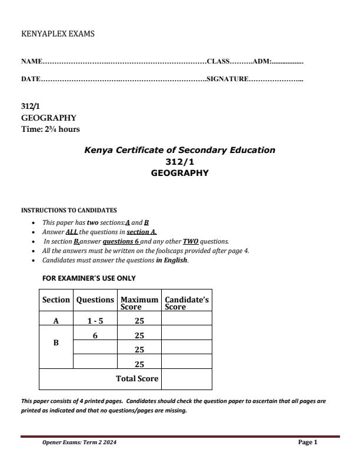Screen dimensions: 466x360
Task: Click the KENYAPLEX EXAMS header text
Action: [x=58, y=34]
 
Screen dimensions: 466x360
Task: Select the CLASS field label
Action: [x=218, y=61]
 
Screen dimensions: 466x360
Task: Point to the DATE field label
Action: [x=31, y=79]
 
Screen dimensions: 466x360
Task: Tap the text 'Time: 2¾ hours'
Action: [x=51, y=129]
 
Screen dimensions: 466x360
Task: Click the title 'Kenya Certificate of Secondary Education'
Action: [x=179, y=150]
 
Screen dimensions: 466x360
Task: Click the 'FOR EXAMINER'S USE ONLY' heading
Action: [x=89, y=278]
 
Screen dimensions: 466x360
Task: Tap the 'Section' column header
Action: [x=56, y=299]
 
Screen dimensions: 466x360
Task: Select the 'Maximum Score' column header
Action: [x=139, y=303]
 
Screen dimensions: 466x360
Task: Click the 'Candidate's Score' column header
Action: [x=186, y=303]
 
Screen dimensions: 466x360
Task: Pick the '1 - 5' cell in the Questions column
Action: [x=94, y=321]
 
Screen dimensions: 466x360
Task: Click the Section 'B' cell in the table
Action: [x=56, y=342]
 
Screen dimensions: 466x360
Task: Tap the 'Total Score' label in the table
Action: [x=137, y=378]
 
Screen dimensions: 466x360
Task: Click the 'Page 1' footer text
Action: [x=308, y=442]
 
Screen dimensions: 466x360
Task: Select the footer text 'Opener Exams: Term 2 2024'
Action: [x=79, y=442]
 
